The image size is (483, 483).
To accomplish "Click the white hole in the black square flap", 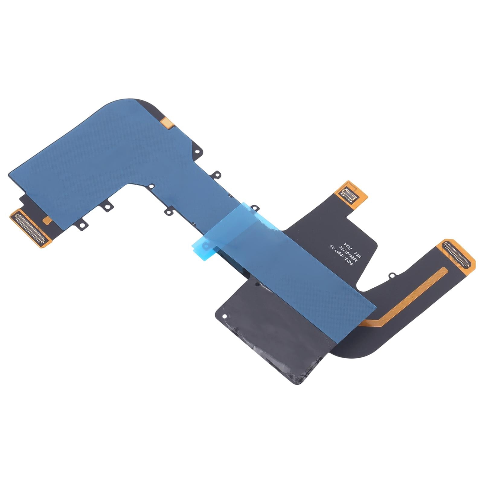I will click(225, 316).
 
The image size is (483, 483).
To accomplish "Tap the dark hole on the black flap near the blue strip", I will click(257, 284).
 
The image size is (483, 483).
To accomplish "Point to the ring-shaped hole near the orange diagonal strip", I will click(392, 275).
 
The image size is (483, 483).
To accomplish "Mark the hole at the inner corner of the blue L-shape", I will click(152, 186).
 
